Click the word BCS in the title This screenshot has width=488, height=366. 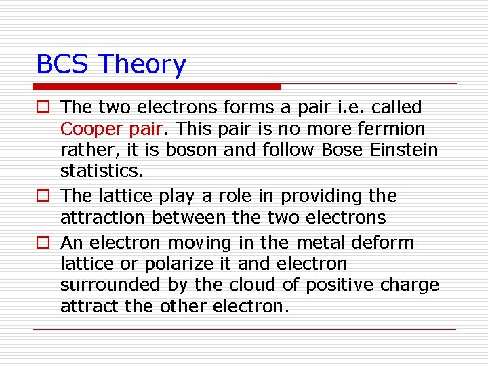click(63, 64)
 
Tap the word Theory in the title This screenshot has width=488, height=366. click(142, 65)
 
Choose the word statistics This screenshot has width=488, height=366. click(94, 170)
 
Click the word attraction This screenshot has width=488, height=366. click(103, 218)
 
